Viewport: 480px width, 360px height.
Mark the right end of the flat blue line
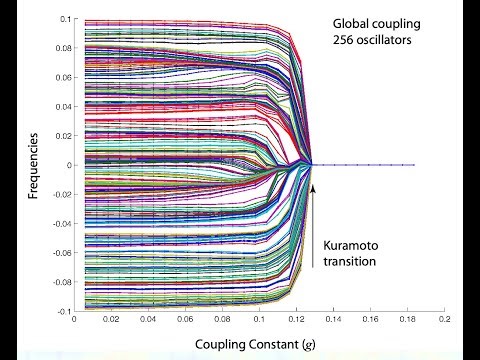[414, 165]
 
